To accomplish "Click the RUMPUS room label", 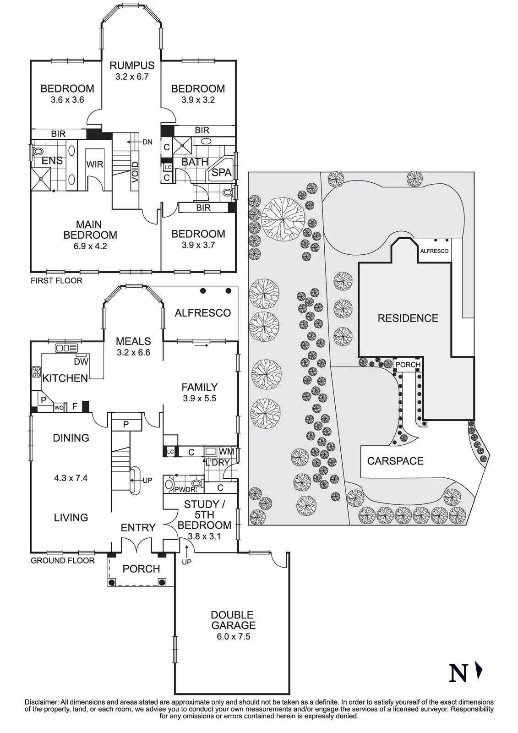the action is coord(132,66).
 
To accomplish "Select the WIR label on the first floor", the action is coord(95,164).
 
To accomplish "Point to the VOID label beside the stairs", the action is coord(135,173).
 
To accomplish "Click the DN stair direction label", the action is coord(147,142).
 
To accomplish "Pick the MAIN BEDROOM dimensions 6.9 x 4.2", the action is coord(90,246).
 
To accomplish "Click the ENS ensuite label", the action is coord(52,161).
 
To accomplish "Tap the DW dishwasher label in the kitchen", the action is coord(81,361).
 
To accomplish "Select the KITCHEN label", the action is coord(65,378).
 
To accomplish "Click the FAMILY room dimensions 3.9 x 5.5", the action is coord(199,399).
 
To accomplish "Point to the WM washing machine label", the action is coord(226,452).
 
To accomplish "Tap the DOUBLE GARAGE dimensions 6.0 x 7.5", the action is coord(232,636).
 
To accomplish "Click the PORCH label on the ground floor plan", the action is coord(141,569).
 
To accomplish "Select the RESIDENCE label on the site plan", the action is coord(408,318).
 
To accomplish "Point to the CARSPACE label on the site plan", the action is coord(395,461).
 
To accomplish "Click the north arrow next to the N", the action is coord(480,672).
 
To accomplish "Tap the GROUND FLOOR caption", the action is coord(62,560).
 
